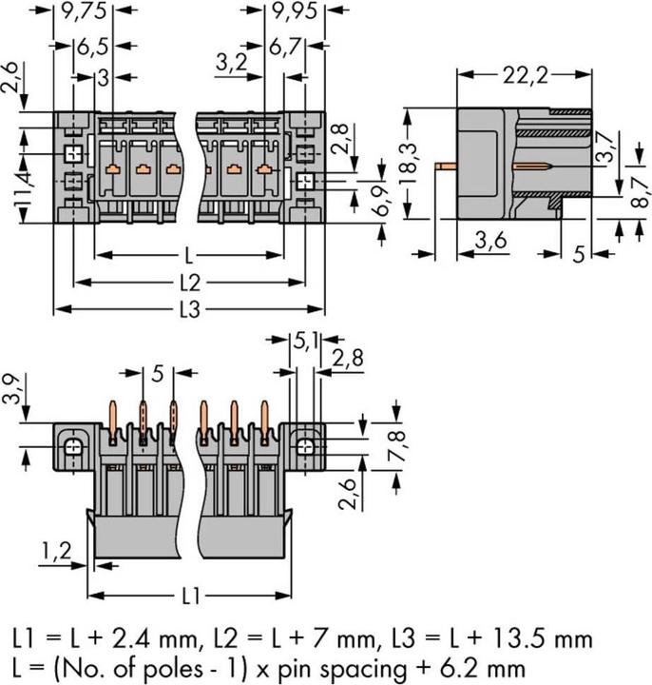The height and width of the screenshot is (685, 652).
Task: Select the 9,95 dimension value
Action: point(295,11)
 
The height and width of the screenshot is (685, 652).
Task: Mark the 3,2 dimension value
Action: point(233,64)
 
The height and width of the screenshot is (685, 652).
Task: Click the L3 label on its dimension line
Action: point(190,309)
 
